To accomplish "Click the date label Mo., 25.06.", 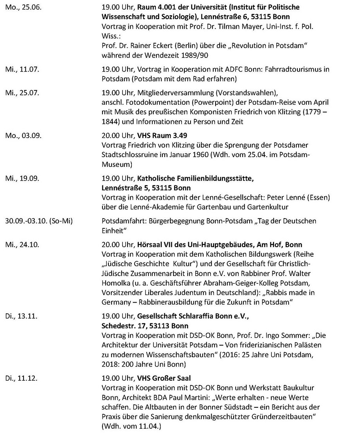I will (x=22, y=7).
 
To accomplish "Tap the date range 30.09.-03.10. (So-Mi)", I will (x=38, y=221).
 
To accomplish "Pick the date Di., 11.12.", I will (x=20, y=378).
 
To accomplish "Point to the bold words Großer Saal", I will (x=169, y=378).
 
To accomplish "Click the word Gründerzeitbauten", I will (x=282, y=418).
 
